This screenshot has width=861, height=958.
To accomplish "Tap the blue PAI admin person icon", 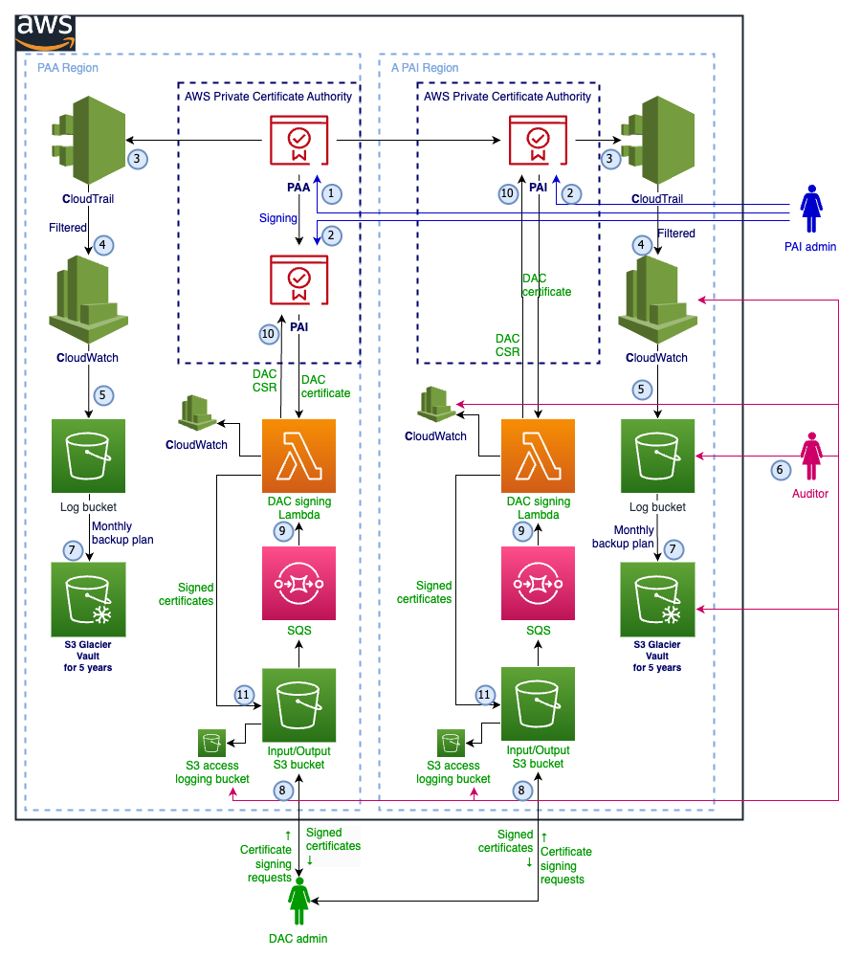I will [x=811, y=210].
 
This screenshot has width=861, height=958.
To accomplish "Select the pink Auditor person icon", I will [x=811, y=457].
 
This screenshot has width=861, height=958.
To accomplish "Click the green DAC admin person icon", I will [x=298, y=904].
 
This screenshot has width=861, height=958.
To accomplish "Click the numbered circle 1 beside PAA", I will [x=331, y=193].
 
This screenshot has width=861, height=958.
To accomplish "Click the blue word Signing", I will [x=278, y=218].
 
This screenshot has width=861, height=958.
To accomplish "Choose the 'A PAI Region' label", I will [x=425, y=68].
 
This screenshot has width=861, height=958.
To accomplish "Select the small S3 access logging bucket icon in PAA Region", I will [x=211, y=742].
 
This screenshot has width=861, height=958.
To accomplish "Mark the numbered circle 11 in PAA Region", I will [x=245, y=695].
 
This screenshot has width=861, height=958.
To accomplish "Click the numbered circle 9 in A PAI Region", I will [x=521, y=529].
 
